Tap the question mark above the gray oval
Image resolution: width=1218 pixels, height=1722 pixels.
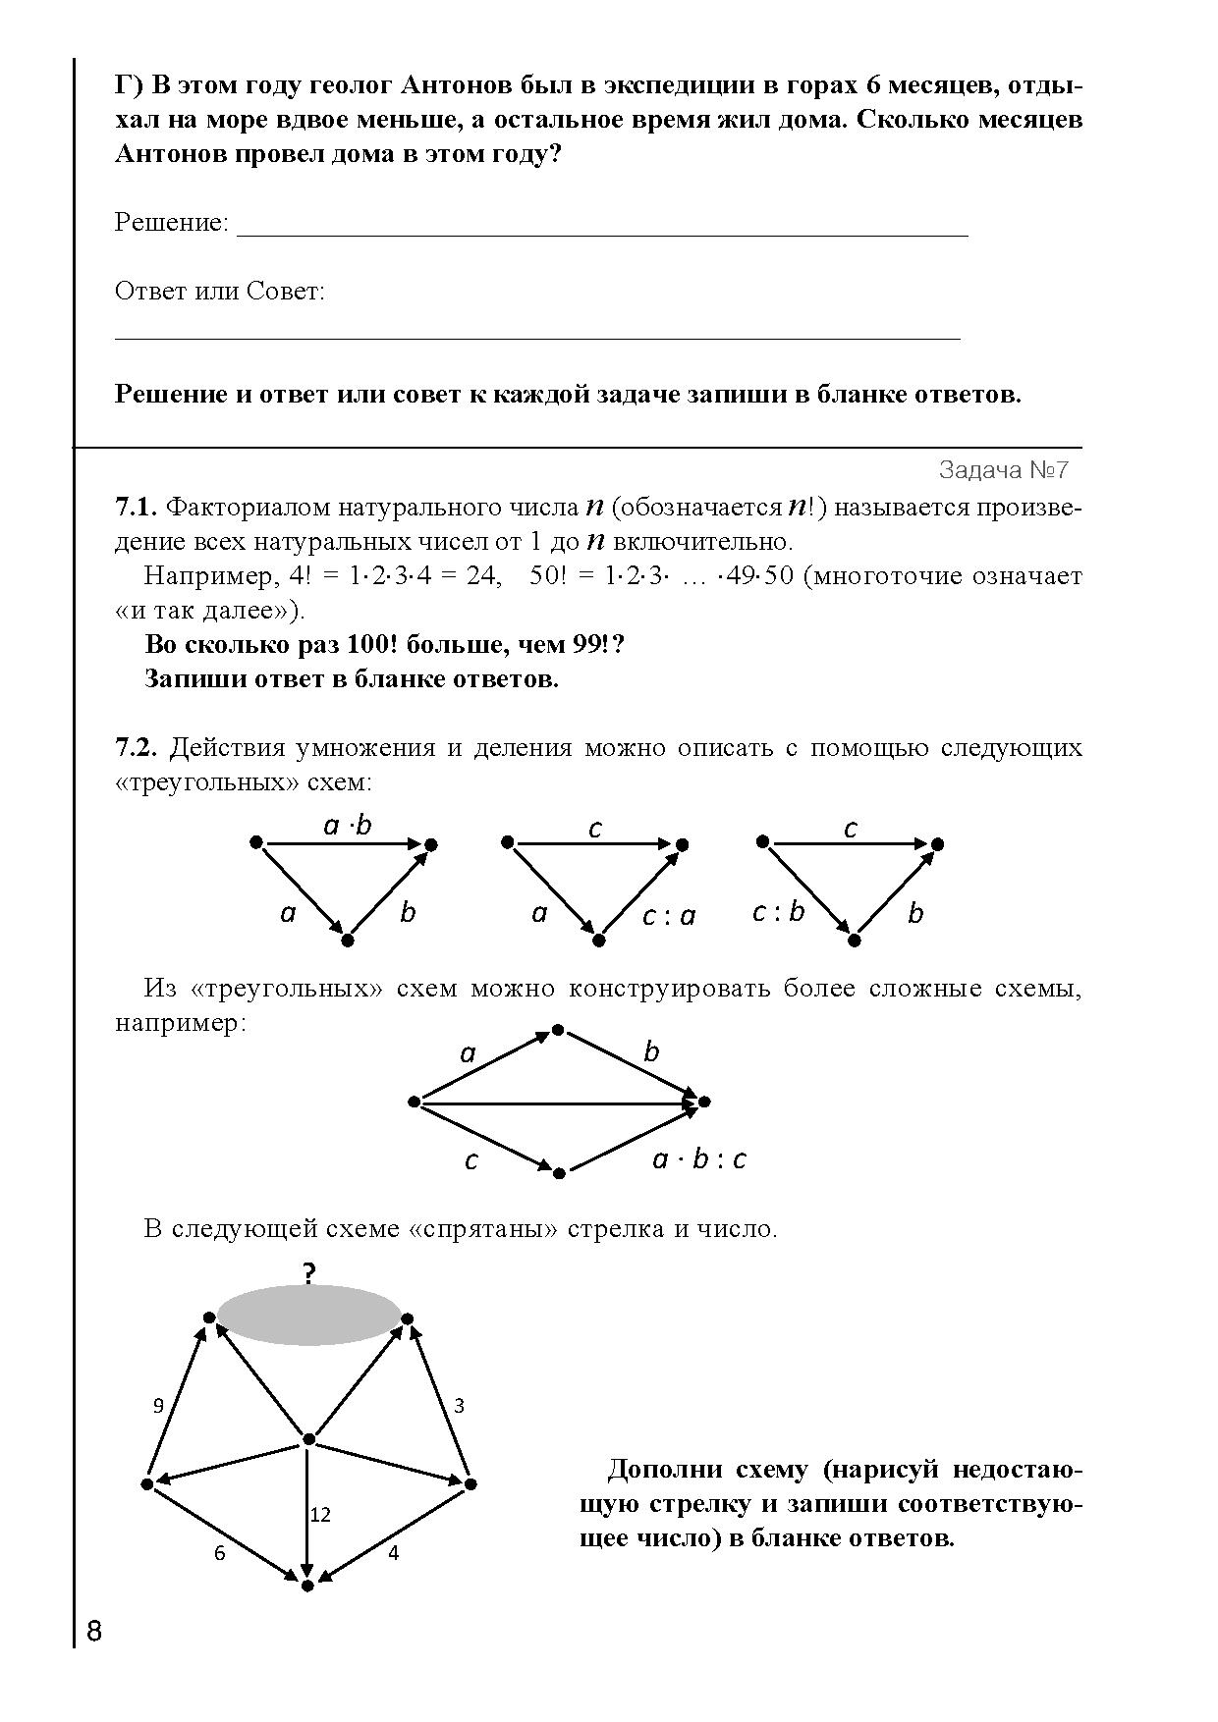tap(309, 1274)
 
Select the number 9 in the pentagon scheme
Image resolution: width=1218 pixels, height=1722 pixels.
tap(158, 1406)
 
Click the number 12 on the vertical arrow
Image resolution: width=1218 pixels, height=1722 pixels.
tap(320, 1515)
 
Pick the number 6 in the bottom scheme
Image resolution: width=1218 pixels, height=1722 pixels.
tap(220, 1553)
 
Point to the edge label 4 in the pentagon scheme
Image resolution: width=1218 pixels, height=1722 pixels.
tap(394, 1553)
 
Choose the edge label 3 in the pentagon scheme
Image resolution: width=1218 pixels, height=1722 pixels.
tap(459, 1406)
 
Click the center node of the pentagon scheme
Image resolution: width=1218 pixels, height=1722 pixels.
tap(308, 1439)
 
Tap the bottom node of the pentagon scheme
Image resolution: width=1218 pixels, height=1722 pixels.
tap(307, 1586)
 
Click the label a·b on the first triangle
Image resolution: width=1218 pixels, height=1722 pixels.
tap(348, 826)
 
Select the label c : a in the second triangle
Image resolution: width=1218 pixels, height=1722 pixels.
tap(668, 916)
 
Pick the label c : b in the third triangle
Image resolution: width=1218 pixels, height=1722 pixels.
tap(778, 912)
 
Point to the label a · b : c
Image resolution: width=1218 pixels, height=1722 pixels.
tap(699, 1159)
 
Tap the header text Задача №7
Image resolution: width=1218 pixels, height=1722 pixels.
tap(1003, 470)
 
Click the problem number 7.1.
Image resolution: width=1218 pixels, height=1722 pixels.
tap(136, 508)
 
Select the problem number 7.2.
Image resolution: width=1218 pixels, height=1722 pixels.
tap(136, 748)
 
